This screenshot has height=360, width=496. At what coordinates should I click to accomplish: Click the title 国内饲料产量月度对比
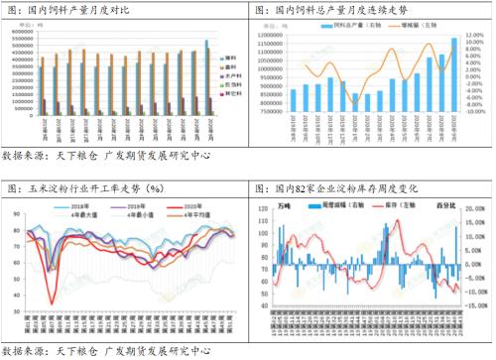[67, 9]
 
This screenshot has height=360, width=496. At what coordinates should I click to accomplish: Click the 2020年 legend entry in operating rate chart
[185, 205]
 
